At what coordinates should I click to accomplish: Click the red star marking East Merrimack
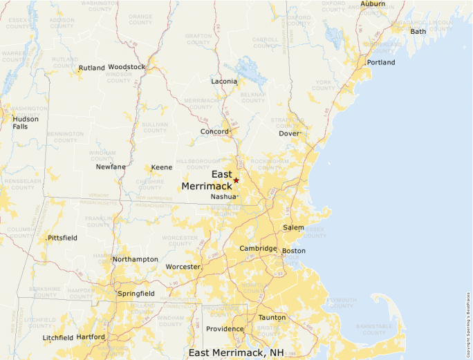236,180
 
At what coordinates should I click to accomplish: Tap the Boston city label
294,250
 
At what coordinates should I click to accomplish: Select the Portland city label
381,62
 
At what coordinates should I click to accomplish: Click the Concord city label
214,131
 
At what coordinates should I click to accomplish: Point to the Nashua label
223,197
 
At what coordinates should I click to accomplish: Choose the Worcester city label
183,267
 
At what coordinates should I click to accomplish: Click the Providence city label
225,329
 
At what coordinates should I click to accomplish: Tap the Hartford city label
91,337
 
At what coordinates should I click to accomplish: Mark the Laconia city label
224,82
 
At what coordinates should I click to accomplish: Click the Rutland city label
91,68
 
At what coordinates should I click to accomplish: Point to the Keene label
162,167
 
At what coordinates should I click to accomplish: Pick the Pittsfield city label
62,238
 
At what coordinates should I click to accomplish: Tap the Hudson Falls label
26,122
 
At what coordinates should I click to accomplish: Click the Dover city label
290,133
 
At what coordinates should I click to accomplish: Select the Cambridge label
258,249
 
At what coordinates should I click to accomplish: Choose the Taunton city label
272,318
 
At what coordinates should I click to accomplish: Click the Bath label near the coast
418,31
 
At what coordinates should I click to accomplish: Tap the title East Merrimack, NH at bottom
236,352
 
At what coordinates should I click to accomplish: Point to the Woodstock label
127,67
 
